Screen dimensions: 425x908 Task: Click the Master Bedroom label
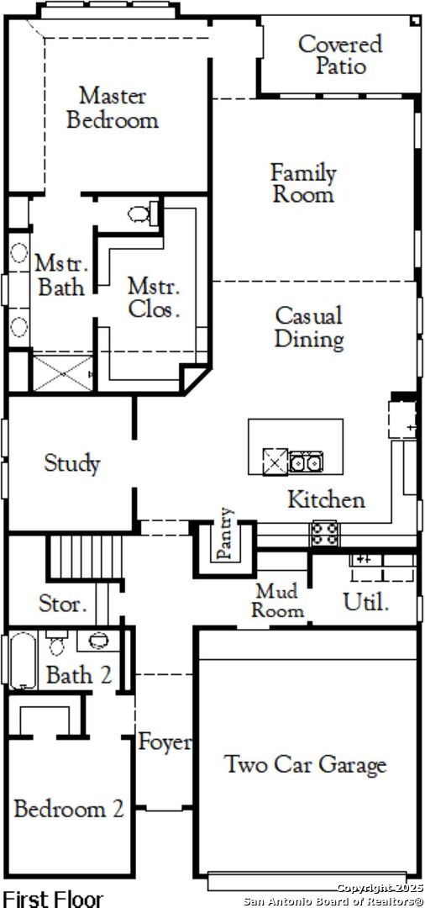[113, 108]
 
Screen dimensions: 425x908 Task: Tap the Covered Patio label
[340, 55]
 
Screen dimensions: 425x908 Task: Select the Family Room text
[303, 183]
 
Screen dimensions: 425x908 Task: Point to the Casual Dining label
[309, 328]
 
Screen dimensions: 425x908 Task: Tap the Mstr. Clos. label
[154, 297]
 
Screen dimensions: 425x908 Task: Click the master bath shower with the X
[62, 373]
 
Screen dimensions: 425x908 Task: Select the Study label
[72, 463]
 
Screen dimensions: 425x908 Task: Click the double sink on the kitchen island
[306, 462]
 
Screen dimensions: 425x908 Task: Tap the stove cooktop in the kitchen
[325, 533]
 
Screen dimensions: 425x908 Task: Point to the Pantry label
[225, 534]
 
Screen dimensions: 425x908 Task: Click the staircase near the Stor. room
[85, 557]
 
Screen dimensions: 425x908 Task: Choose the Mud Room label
[277, 600]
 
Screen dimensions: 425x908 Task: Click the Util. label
[365, 602]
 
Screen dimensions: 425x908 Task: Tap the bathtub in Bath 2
[24, 660]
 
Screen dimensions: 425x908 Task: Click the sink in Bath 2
[99, 641]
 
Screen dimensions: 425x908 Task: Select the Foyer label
[165, 742]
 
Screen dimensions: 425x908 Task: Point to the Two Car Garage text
[305, 764]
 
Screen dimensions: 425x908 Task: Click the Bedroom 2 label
[69, 809]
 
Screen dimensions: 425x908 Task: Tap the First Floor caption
[53, 899]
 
